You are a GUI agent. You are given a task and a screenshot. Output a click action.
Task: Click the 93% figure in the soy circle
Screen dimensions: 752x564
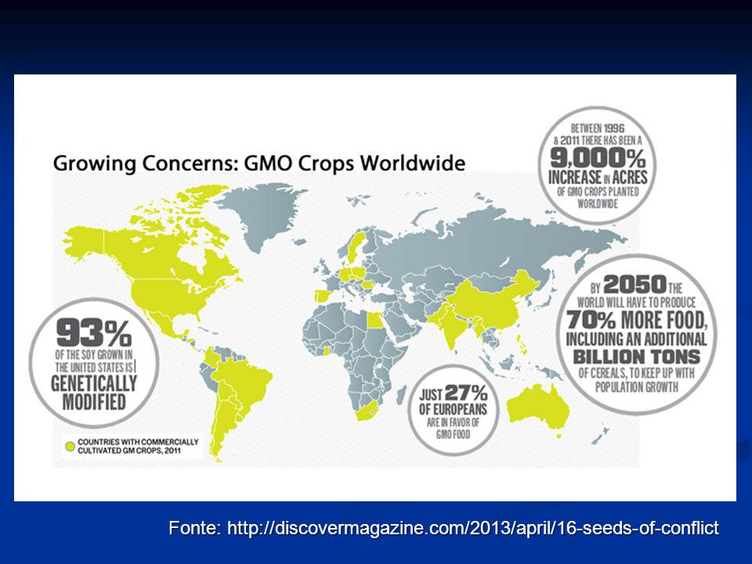click(x=94, y=334)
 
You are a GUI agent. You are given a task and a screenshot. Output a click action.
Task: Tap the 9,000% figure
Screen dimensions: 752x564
click(x=598, y=157)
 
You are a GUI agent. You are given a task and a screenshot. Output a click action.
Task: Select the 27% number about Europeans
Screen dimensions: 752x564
click(x=466, y=393)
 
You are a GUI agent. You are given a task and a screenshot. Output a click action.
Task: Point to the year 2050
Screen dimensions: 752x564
click(x=635, y=284)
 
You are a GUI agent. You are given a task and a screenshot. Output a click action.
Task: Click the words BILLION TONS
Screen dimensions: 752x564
click(x=636, y=357)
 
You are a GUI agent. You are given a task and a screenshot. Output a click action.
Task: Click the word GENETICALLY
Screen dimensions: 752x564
click(x=94, y=383)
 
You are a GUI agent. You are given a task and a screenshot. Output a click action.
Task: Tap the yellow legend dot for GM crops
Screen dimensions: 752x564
click(x=70, y=446)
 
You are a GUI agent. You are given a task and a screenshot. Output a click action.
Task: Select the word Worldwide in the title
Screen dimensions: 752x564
click(x=413, y=163)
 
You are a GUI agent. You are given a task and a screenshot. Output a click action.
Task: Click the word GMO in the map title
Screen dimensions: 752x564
click(x=268, y=163)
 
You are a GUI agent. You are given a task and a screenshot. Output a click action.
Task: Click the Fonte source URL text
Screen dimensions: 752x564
click(x=443, y=527)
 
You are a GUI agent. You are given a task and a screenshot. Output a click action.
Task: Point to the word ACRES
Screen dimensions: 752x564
click(x=630, y=177)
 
